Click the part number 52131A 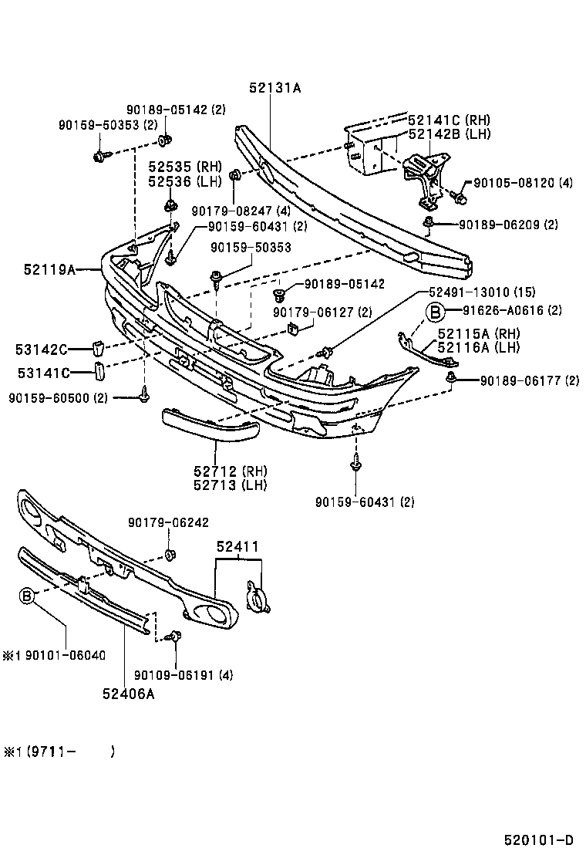click(x=275, y=87)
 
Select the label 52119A click(x=50, y=269)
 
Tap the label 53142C click(x=42, y=349)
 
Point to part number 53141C click(x=44, y=373)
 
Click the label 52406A click(x=129, y=694)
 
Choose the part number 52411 click(x=237, y=546)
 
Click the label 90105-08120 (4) click(x=523, y=183)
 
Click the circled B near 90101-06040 click(x=27, y=596)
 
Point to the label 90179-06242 click(x=168, y=522)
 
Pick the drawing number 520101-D click(x=539, y=840)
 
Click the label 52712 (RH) click(x=230, y=471)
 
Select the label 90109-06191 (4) click(x=184, y=675)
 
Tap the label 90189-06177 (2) click(x=530, y=380)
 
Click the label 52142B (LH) click(x=450, y=134)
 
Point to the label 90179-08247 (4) click(x=241, y=211)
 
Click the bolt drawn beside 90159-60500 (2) click(x=144, y=394)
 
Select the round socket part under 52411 click(x=258, y=597)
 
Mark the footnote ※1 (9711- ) click(x=59, y=752)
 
